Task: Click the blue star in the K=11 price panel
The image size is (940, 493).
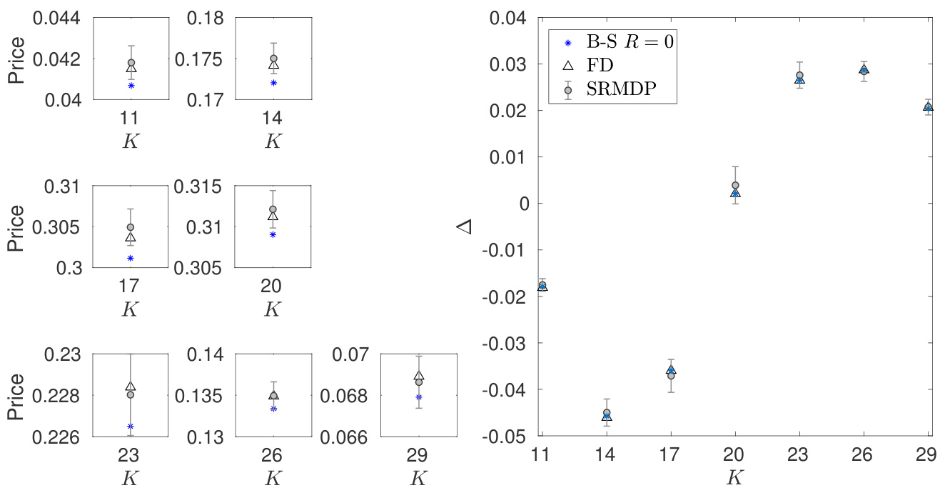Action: click(x=131, y=86)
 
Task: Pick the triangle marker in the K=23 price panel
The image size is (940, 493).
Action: click(x=131, y=387)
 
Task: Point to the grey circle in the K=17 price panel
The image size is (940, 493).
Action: click(x=131, y=227)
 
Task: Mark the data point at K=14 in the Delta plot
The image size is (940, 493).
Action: click(x=607, y=413)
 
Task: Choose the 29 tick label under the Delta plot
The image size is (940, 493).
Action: click(x=928, y=454)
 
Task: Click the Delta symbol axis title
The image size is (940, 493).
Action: click(x=465, y=226)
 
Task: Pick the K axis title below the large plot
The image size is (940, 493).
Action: click(x=735, y=477)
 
